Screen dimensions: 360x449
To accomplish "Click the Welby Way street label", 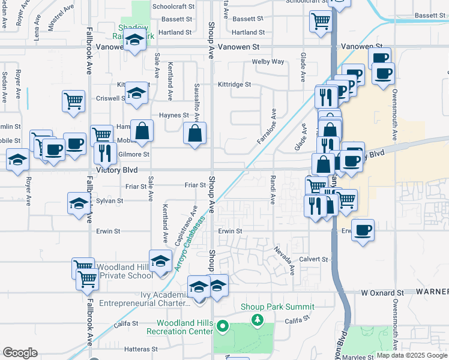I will coord(268,62).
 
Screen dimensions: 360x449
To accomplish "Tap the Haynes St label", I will coord(173,115).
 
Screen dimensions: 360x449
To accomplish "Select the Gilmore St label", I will coord(134,154).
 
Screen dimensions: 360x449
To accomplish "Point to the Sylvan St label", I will coord(109,201).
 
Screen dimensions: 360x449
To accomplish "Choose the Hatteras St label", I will coord(141,349).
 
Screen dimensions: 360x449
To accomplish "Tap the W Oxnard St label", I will coord(383,293).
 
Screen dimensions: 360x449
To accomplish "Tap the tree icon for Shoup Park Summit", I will coord(258,319).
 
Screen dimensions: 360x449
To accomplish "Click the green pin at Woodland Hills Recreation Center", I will coord(222,327).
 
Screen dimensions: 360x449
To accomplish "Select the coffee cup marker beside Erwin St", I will coord(363,230).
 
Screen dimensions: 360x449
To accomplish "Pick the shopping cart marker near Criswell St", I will coord(73,100).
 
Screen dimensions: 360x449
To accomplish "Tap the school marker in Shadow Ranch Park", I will coord(136,41).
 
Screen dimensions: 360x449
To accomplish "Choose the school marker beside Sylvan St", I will coord(79,203).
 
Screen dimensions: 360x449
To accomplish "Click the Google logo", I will coord(20,353).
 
